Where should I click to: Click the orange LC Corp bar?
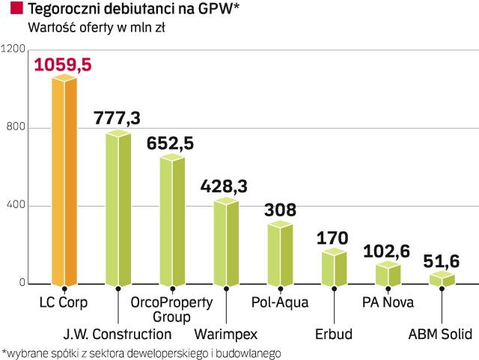(x=64, y=180)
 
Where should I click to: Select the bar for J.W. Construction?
(x=118, y=210)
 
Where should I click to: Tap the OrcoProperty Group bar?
(x=172, y=221)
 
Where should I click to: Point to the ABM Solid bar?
(x=442, y=279)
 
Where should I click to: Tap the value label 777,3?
(x=118, y=117)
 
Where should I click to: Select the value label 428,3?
(x=225, y=184)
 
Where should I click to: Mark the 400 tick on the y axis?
(x=16, y=205)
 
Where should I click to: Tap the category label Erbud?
(x=334, y=332)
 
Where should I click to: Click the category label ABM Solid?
(x=441, y=332)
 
